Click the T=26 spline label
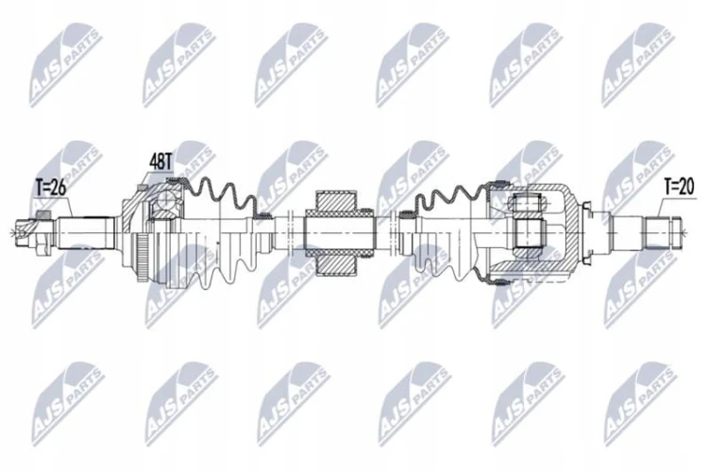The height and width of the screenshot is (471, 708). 51,188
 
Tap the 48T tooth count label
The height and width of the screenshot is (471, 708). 160,161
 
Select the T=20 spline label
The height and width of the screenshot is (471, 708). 679,186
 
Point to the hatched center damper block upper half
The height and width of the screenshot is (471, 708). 334,204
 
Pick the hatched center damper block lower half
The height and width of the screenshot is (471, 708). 334,261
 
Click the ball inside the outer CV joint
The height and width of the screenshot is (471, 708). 166,200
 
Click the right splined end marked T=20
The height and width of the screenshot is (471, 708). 663,233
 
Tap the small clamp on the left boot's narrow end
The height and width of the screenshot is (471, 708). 261,215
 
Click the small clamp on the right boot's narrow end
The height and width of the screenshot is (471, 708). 407,214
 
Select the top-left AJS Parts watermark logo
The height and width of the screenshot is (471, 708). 64,64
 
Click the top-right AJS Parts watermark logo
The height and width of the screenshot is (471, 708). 636,64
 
